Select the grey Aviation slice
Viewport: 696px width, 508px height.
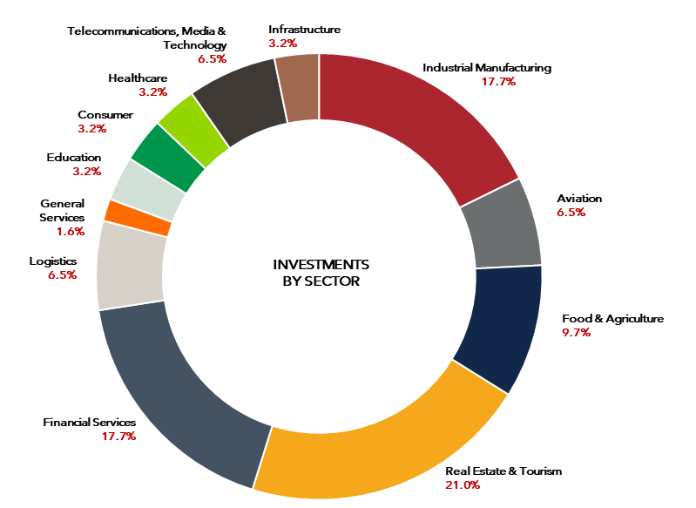point(503,227)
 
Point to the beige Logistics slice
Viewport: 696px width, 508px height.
point(131,266)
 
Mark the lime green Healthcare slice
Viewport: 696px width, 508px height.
point(194,130)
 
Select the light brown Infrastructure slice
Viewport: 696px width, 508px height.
point(298,88)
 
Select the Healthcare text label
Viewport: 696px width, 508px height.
point(138,78)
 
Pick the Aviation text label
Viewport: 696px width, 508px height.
point(579,199)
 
